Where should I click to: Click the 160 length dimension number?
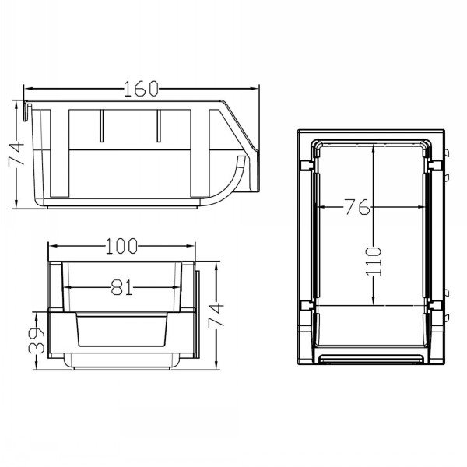(x=141, y=89)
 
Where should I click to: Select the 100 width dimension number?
(x=122, y=247)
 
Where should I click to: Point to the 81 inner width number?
(x=121, y=288)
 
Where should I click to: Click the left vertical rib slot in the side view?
(x=101, y=126)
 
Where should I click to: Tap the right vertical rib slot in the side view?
(x=158, y=126)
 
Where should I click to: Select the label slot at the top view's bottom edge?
(x=370, y=357)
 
